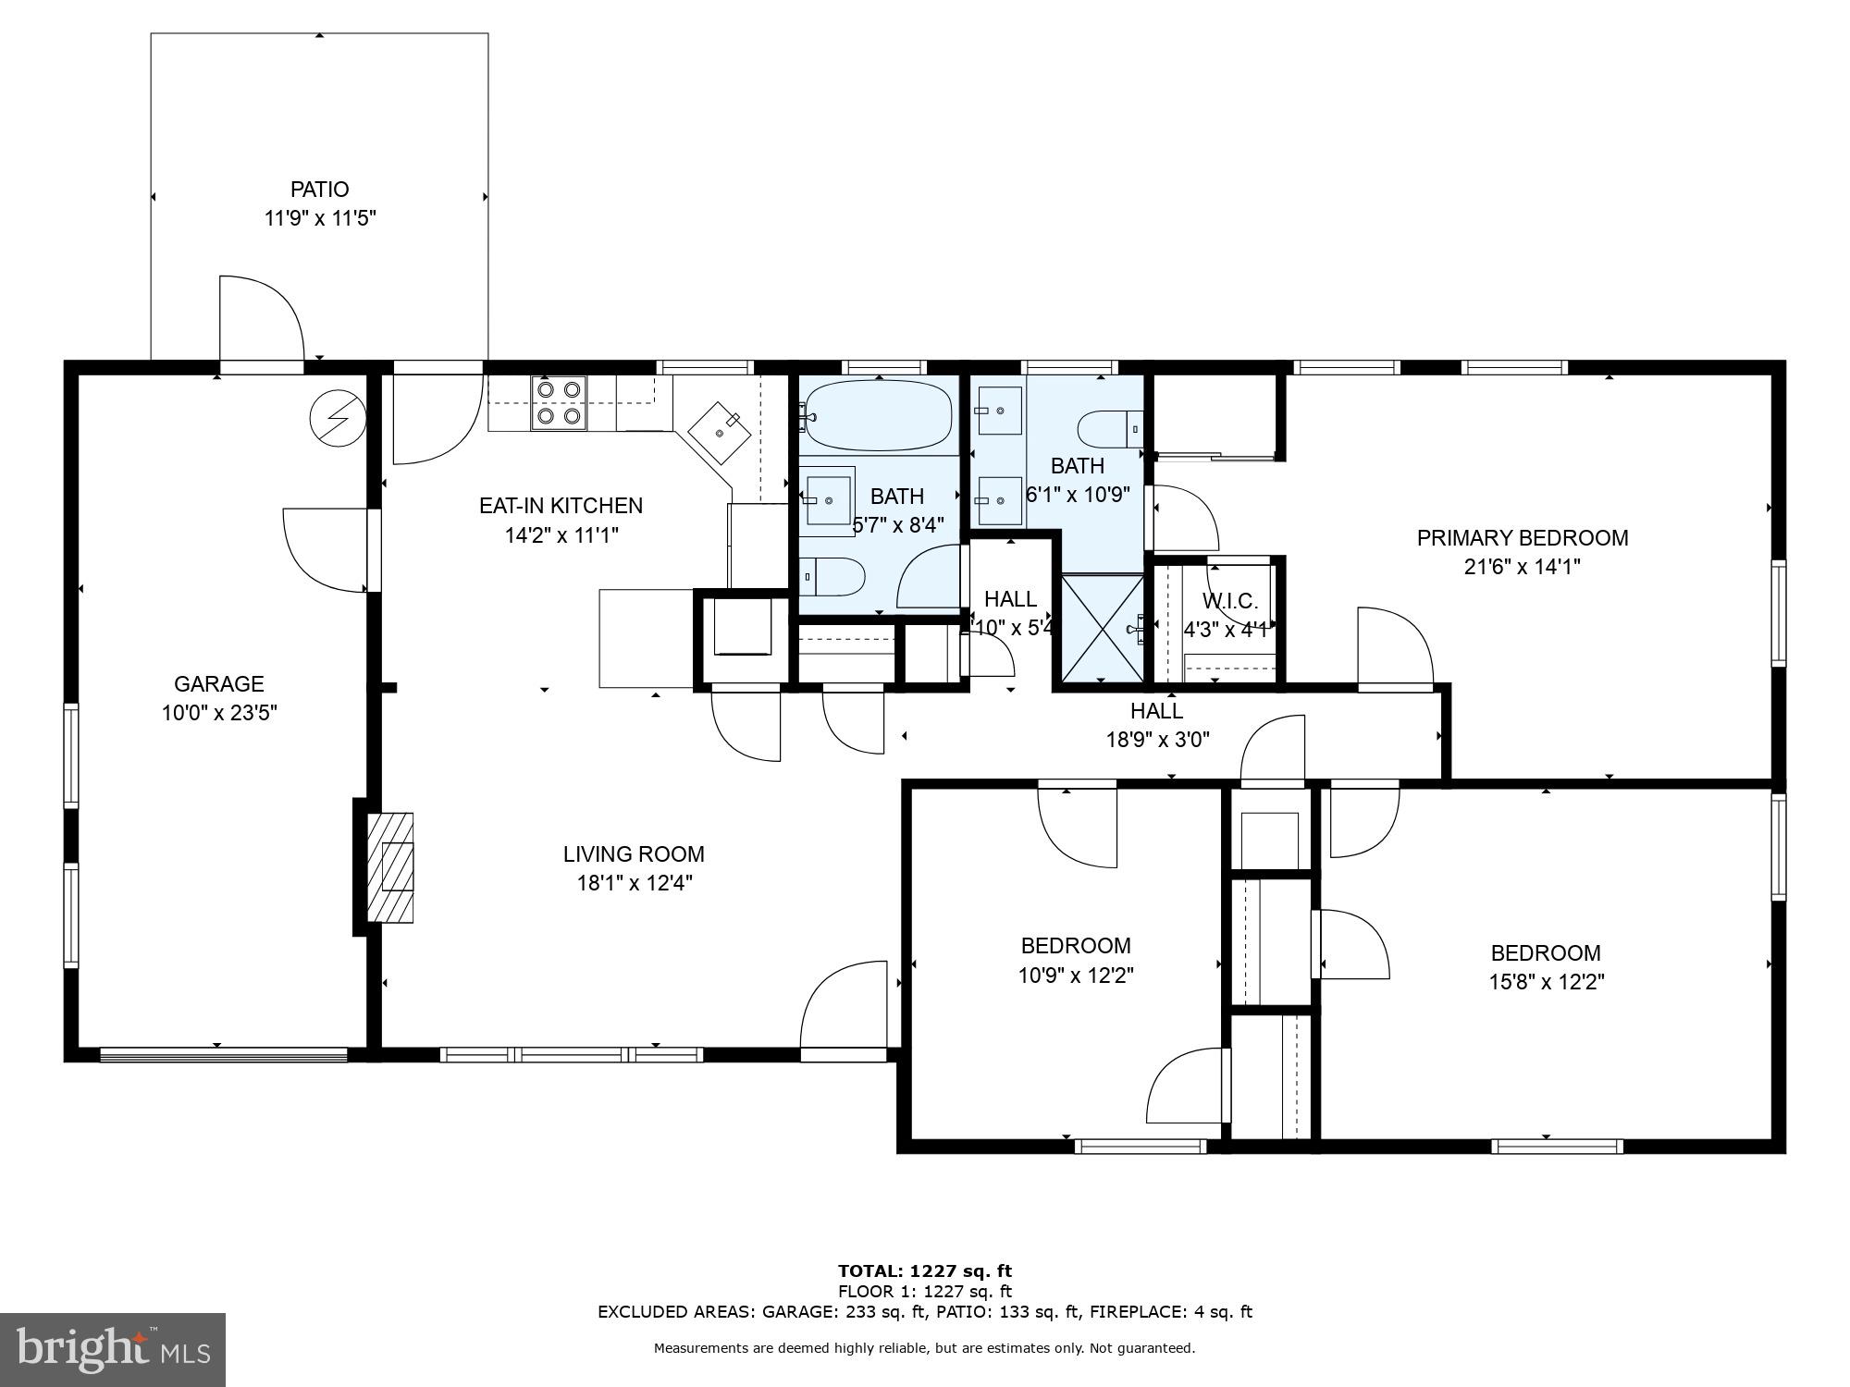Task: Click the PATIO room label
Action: coord(320,190)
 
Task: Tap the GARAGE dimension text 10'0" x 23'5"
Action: coord(219,713)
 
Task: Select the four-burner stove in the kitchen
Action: coord(560,403)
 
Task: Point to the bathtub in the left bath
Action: coord(878,416)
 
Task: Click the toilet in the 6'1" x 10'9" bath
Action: coord(1111,428)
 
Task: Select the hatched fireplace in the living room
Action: coord(390,866)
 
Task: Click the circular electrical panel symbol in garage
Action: coord(337,417)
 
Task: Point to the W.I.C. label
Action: coord(1230,602)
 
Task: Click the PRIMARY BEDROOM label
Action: coord(1523,538)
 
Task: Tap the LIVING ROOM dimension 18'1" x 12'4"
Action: coord(635,883)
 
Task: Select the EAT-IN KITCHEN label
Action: coord(561,506)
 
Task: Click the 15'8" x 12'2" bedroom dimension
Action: coord(1546,982)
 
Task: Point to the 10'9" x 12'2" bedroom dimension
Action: coord(1076,975)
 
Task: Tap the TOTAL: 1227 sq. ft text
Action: coord(925,1271)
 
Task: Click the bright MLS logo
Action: coord(113,1350)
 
